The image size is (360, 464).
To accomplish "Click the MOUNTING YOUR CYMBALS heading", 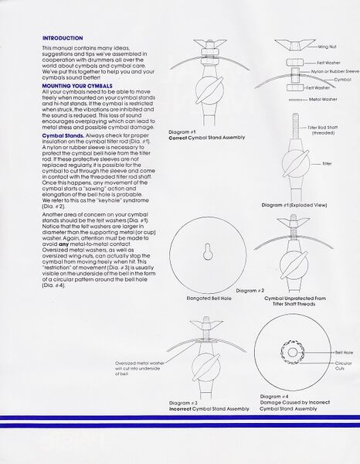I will [x=76, y=87].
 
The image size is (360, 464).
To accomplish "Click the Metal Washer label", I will [x=318, y=99].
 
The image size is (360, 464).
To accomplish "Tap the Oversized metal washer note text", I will [x=141, y=370].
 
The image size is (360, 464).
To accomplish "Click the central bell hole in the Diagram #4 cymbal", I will [x=292, y=353].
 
